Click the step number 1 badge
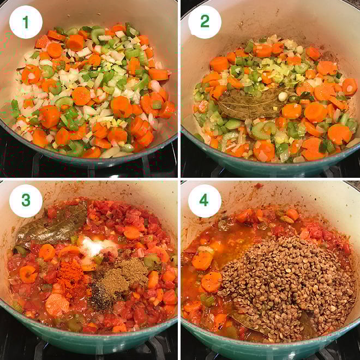26,22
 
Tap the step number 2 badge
205,22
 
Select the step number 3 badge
26,200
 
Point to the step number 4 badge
205,200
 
